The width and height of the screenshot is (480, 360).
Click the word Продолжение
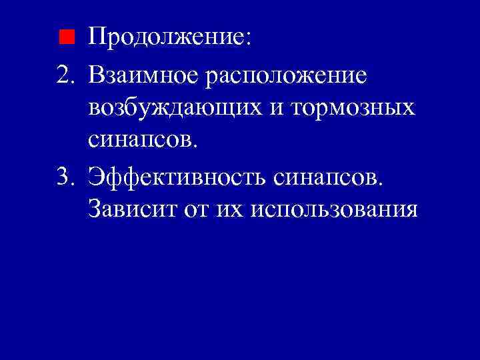click(165, 37)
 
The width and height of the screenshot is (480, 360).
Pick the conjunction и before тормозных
click(281, 109)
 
